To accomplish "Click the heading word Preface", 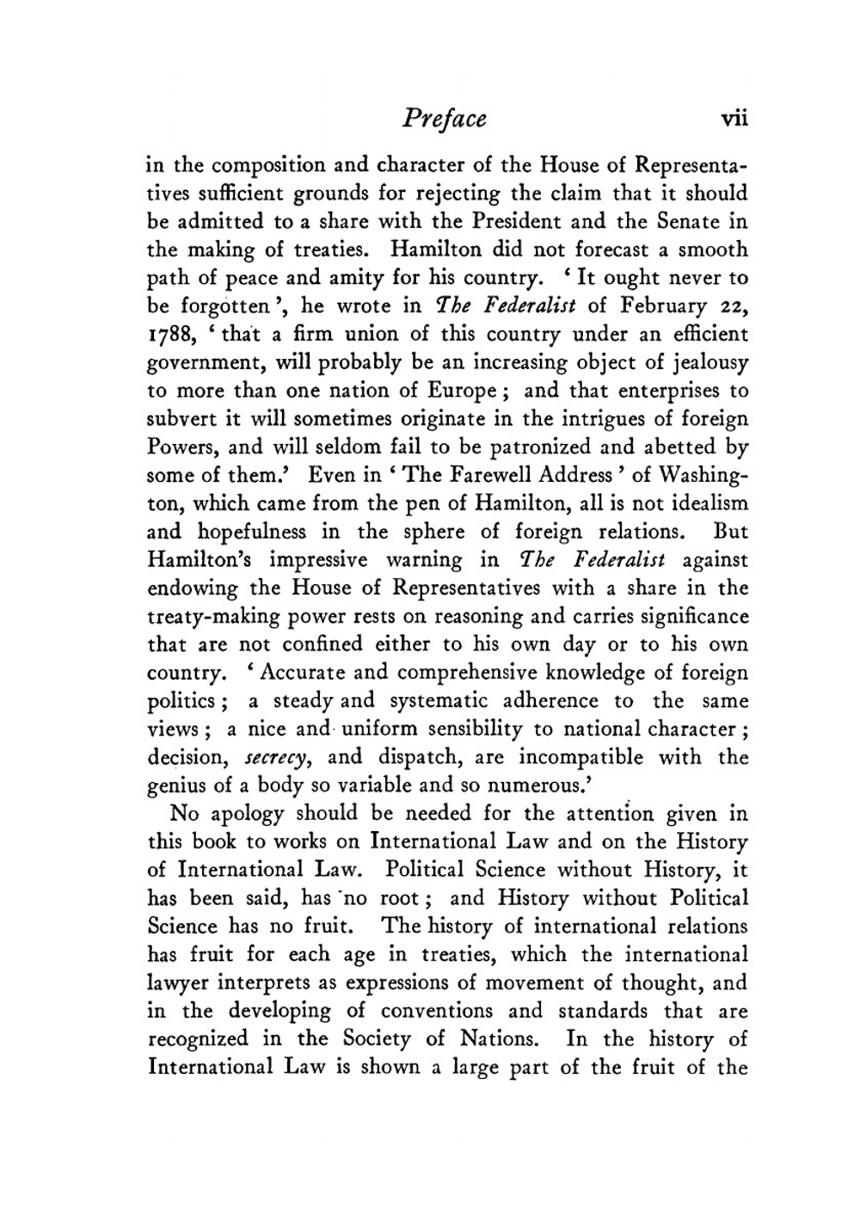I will point(443,118).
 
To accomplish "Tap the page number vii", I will point(733,118).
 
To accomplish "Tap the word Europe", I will point(459,391).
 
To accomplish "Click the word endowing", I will point(193,588).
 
